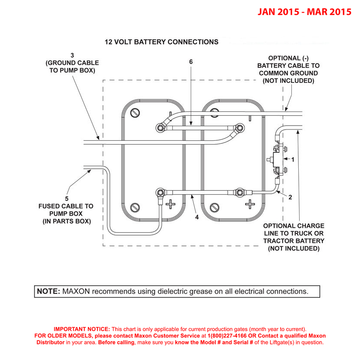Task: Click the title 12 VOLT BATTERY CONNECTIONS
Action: [161, 42]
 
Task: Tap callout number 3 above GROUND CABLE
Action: [72, 55]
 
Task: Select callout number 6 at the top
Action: [191, 62]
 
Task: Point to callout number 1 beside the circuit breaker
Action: [293, 159]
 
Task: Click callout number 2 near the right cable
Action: [290, 198]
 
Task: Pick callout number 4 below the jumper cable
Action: [197, 217]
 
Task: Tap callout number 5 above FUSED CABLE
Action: [66, 199]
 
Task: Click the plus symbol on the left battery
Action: [171, 204]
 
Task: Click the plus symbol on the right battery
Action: [249, 204]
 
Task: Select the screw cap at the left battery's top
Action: [136, 113]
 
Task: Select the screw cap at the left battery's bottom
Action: [136, 208]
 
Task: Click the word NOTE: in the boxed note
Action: [48, 291]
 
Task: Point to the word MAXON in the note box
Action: [76, 291]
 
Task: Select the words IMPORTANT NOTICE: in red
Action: [82, 328]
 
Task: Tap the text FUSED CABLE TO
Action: [66, 206]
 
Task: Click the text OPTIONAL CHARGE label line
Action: [294, 226]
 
